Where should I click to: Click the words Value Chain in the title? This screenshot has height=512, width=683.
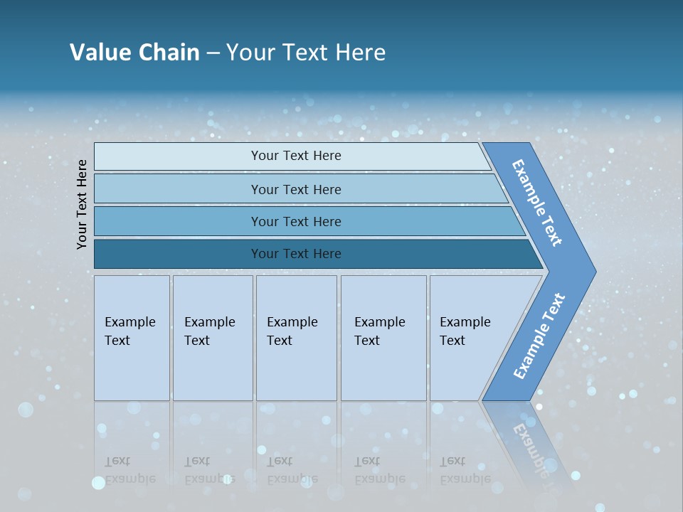(134, 53)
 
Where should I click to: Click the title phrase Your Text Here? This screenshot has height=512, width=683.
(306, 53)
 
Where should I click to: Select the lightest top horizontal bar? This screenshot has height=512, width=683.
(178, 156)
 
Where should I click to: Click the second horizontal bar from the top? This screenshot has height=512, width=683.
(178, 189)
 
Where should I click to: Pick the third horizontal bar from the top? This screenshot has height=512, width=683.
(178, 221)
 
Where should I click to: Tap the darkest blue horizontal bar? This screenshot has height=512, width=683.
(178, 254)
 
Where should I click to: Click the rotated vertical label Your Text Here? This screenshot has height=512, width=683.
(83, 204)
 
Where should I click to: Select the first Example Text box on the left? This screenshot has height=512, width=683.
(132, 338)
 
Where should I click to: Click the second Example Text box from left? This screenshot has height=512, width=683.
(212, 338)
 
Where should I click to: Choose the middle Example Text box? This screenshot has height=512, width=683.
(296, 338)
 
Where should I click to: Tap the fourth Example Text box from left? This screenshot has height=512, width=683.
(383, 338)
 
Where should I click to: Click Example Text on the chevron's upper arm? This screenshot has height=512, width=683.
(537, 203)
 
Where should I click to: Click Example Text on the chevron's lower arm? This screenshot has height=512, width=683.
(539, 336)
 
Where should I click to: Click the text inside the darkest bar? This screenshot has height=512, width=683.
(296, 254)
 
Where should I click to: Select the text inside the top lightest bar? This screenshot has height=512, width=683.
(296, 156)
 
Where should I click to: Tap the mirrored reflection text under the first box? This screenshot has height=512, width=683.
(129, 470)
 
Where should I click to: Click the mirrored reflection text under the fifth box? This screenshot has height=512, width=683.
(465, 470)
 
